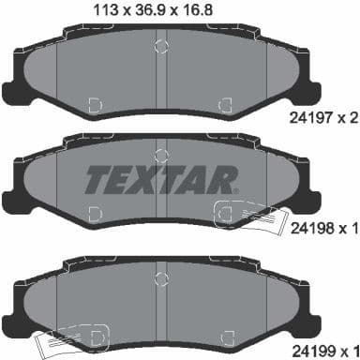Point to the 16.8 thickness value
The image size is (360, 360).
[x=206, y=11]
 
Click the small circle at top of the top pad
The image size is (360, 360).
[x=163, y=47]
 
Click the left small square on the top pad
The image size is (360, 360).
[x=95, y=104]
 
